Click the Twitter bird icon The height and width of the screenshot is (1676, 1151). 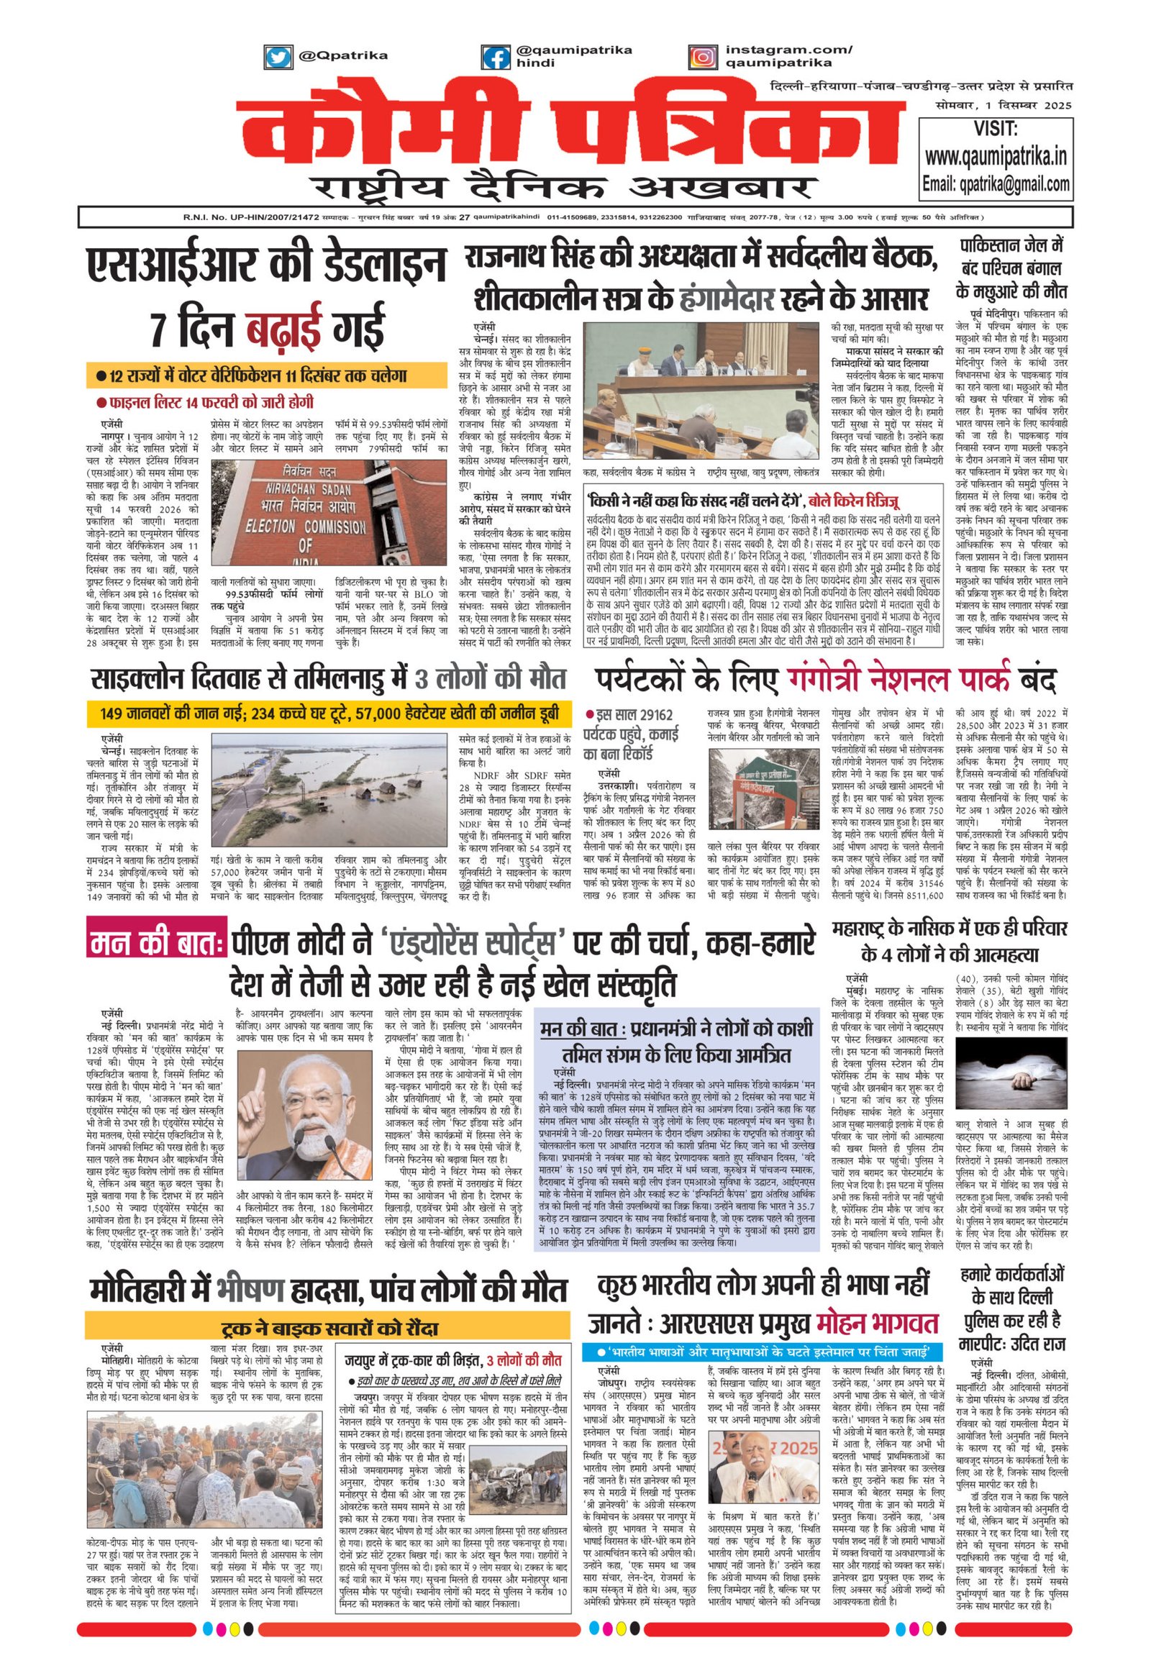pos(278,56)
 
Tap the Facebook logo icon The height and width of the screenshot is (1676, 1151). pos(496,56)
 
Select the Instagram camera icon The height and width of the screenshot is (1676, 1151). pos(701,56)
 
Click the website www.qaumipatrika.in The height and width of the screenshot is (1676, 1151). pos(996,156)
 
